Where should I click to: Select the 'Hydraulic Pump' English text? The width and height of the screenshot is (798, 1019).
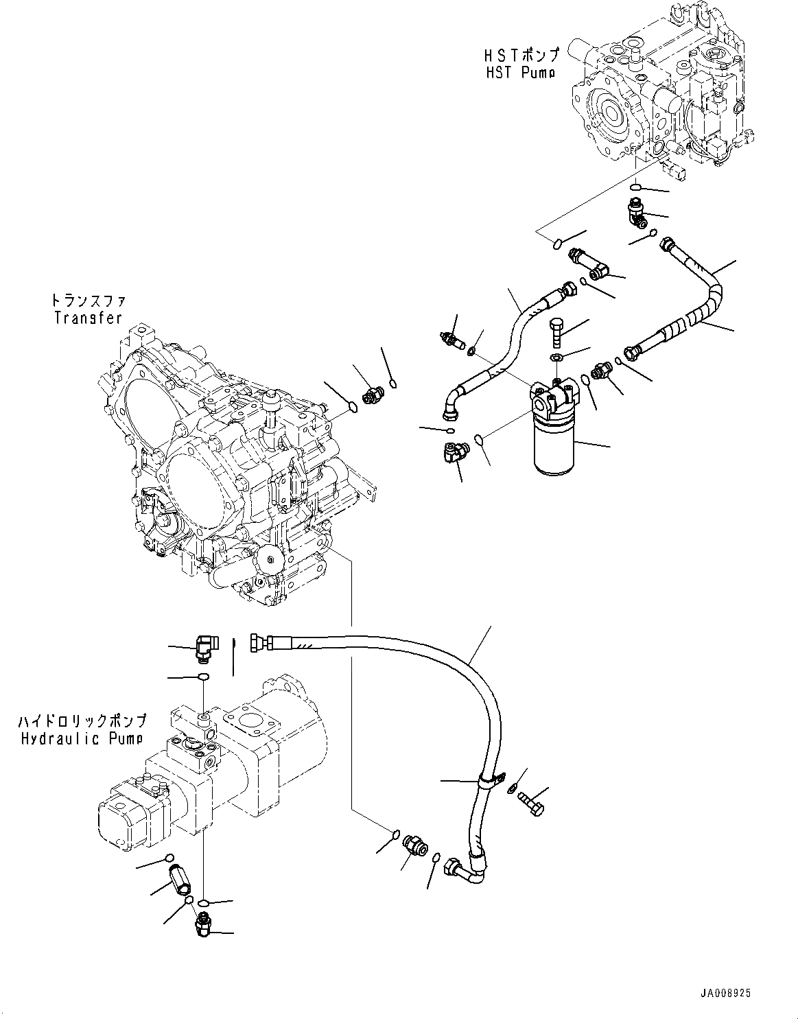82,738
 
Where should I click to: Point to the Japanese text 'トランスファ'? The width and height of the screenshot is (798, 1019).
87,301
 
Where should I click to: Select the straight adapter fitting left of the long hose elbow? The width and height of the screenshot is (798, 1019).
416,845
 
